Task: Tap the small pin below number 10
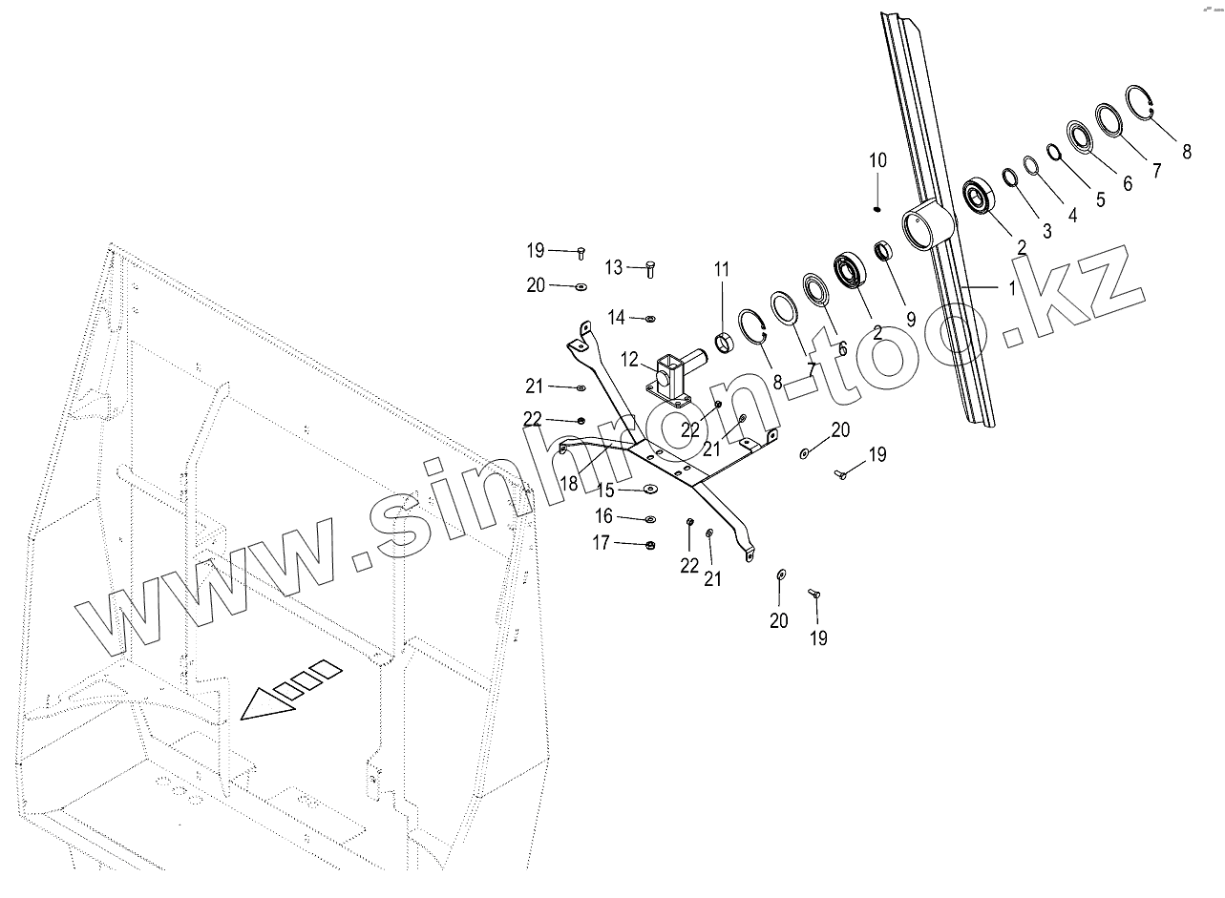878,209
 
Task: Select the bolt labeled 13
651,269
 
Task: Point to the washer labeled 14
651,318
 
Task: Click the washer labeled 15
649,490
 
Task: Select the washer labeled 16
650,519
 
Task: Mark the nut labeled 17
649,545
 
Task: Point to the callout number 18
569,483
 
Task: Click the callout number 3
1047,230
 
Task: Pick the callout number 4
1072,216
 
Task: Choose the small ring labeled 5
1053,151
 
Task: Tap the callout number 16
603,516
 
